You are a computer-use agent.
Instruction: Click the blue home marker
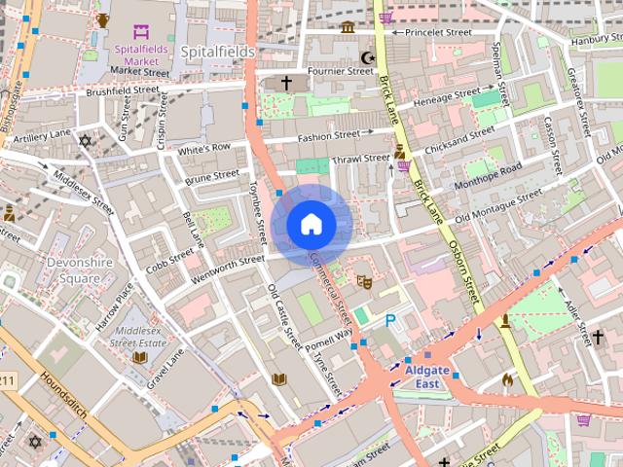311,225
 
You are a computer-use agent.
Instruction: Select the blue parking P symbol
391,320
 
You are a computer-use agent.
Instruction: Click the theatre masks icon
365,282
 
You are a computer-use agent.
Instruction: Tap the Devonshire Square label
73,269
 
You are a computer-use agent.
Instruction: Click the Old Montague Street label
498,205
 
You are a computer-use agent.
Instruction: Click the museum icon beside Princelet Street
348,25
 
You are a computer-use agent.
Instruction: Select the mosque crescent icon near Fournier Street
367,57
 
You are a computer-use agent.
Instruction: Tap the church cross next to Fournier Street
286,84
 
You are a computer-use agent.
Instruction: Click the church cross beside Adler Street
598,337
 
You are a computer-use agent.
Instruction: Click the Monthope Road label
489,171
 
